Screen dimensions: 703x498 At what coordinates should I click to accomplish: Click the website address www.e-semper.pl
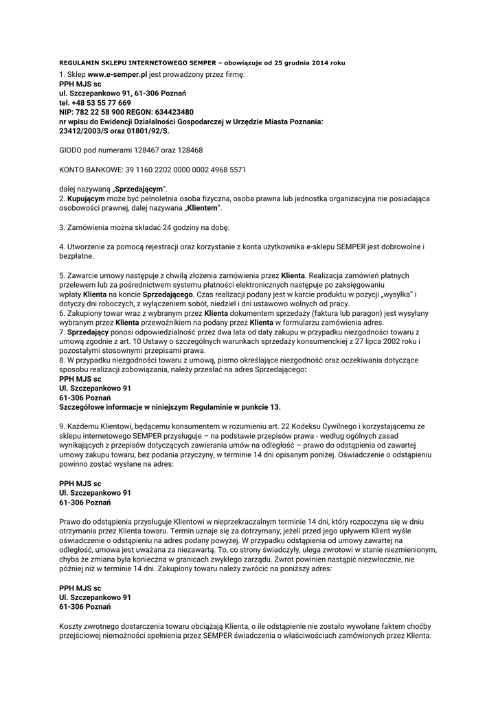click(x=117, y=73)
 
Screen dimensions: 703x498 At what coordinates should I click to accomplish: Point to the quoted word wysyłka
click(x=394, y=294)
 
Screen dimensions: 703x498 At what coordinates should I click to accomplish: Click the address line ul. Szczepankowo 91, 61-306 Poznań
click(x=123, y=93)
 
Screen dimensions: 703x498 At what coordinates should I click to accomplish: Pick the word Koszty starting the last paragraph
click(x=71, y=626)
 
